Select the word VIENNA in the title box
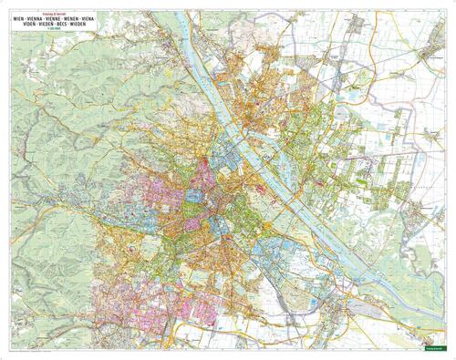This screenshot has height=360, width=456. (33, 18)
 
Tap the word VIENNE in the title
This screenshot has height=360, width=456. (53, 18)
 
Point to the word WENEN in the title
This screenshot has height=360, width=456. (73, 18)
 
